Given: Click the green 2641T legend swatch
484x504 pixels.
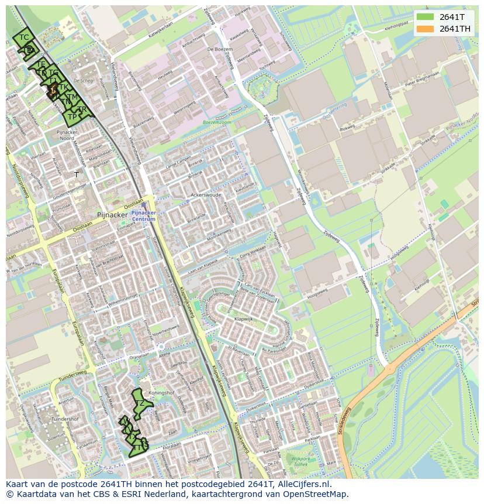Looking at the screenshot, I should click(425, 17).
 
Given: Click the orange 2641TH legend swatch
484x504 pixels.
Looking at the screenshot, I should click(425, 29).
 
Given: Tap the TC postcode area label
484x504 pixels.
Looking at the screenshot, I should click(24, 37).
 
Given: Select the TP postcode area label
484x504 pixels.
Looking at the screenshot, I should click(72, 117).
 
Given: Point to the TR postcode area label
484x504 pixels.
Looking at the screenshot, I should click(82, 109).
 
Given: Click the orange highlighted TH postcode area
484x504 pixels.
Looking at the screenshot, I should click(53, 90).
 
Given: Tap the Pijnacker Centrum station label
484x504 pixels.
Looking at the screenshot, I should click(143, 216).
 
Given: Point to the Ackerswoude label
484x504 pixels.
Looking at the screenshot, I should click(206, 195).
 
